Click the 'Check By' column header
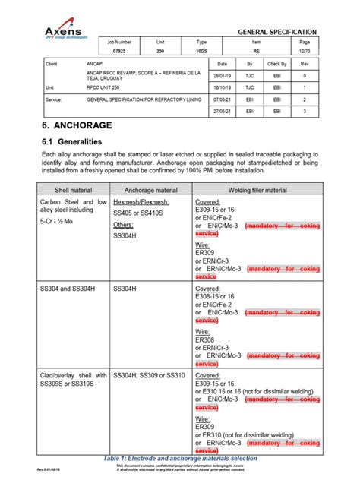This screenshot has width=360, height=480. tap(277, 65)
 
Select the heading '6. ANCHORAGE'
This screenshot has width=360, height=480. tap(78, 125)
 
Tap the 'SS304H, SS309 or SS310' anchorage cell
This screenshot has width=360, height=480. tap(149, 375)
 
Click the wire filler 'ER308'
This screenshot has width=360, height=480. tap(205, 340)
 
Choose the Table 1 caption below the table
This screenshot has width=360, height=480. tap(179, 458)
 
